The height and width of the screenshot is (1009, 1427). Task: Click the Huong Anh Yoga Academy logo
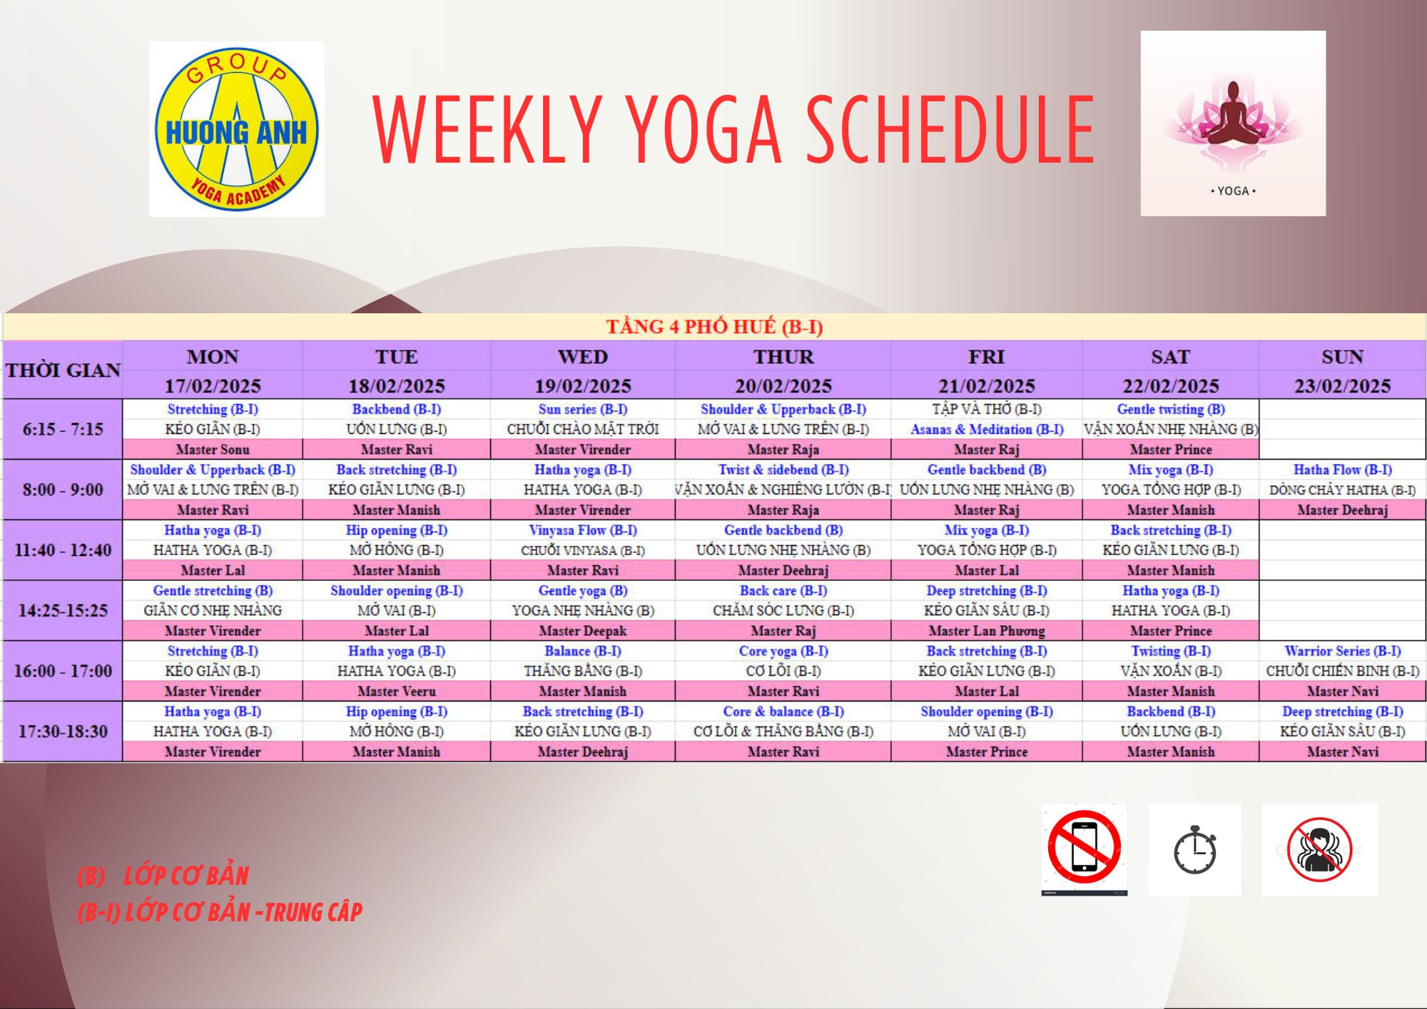coord(237,129)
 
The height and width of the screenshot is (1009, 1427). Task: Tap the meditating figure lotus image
coord(1233,123)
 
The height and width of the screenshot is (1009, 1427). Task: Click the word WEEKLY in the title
coord(489,130)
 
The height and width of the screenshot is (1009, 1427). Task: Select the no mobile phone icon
coord(1085,849)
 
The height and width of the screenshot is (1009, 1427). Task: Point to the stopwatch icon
coord(1195,849)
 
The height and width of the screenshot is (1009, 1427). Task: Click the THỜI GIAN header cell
coord(63,370)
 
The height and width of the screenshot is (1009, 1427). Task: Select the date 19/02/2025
coord(583,386)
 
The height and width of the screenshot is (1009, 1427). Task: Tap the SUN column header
coord(1342,357)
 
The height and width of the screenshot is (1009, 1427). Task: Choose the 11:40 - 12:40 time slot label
coord(63,550)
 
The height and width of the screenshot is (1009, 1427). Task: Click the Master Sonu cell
coord(213,450)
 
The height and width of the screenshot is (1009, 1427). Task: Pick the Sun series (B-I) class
coord(583,410)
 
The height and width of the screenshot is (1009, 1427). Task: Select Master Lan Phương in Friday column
coord(987,631)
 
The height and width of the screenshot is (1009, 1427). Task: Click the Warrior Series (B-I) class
coord(1342,651)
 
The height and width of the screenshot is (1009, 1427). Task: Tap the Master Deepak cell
coord(583,631)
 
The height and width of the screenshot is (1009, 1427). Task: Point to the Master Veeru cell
coord(397,691)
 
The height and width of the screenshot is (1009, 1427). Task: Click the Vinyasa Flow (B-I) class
coord(583,530)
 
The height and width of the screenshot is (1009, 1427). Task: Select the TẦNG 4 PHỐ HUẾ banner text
coord(714,327)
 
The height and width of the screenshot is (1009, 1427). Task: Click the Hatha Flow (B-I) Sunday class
coord(1342,470)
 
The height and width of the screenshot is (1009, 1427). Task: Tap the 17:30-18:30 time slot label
coord(63,731)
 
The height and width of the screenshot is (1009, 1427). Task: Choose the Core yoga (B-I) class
coord(783,651)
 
